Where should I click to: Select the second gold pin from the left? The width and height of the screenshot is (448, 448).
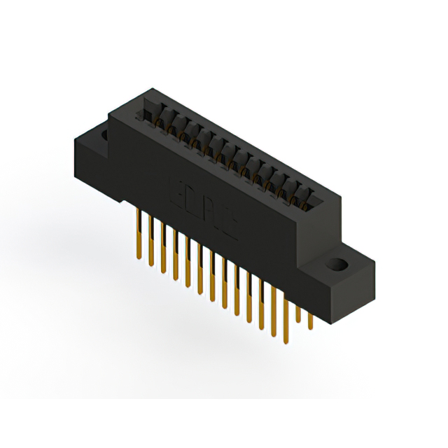tap(150, 241)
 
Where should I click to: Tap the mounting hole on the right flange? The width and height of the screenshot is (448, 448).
tap(338, 266)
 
